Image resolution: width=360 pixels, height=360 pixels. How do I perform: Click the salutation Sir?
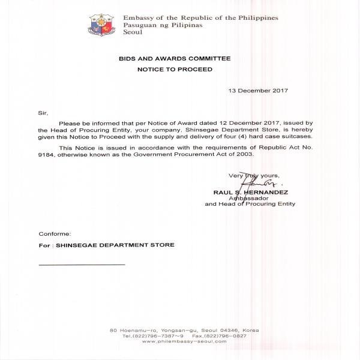(41, 113)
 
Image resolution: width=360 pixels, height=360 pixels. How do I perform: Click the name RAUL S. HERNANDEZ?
(251, 193)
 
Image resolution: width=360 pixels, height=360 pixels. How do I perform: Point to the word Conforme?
(55, 233)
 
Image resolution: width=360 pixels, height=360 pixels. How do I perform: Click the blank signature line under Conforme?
(82, 265)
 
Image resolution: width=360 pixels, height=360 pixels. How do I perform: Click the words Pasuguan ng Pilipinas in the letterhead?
(158, 25)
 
